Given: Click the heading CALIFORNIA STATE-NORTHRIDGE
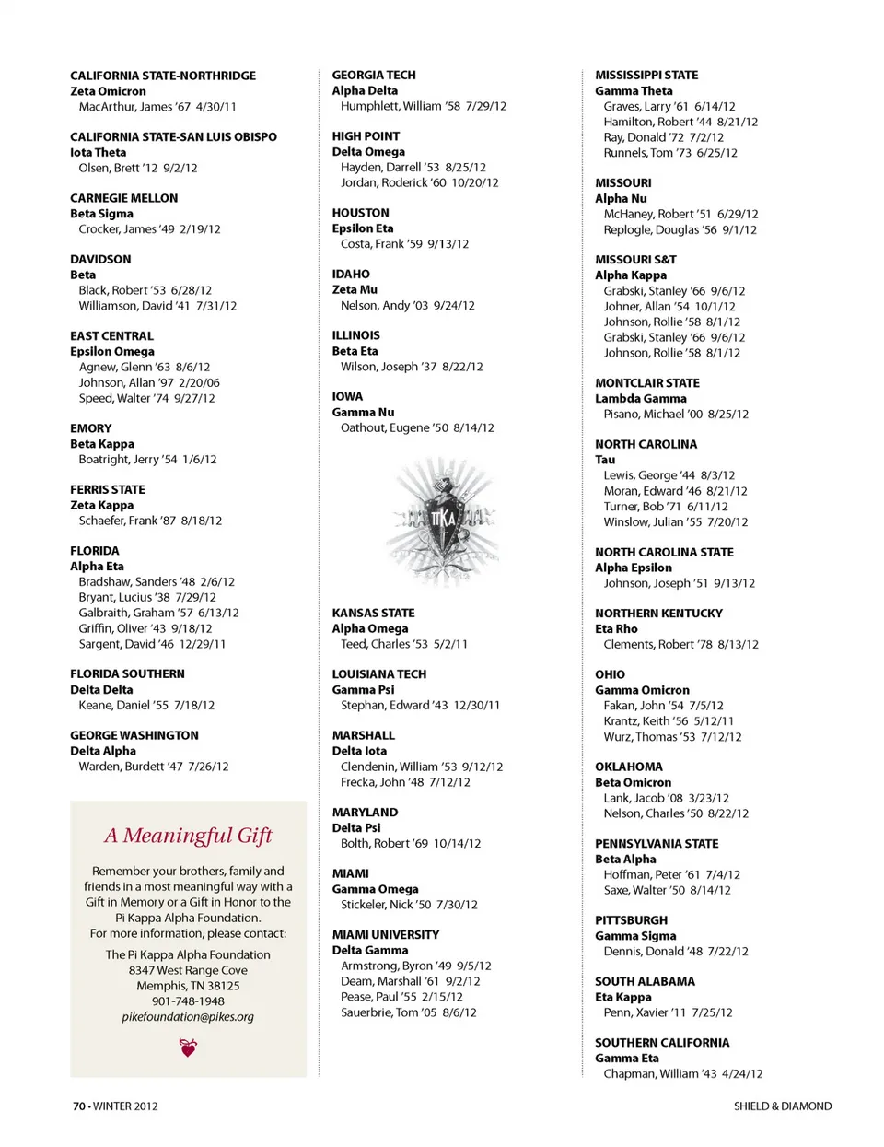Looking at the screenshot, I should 163,76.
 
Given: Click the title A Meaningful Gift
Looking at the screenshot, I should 188,836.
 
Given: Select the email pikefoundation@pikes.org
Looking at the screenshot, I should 188,1017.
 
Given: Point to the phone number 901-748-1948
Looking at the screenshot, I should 188,1001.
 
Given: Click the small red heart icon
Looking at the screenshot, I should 189,1048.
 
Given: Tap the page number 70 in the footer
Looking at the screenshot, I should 79,1106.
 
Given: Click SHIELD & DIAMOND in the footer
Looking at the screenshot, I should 783,1106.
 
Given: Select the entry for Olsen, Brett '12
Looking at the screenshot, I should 138,168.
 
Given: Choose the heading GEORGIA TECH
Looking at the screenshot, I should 374,75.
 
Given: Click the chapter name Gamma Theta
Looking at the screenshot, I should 634,90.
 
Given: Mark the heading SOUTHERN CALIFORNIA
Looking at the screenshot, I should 662,1043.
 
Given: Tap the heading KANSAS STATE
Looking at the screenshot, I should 373,613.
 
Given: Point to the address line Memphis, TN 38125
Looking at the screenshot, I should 188,986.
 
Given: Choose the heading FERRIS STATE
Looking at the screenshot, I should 108,489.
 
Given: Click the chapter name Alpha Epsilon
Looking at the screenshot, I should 634,568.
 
